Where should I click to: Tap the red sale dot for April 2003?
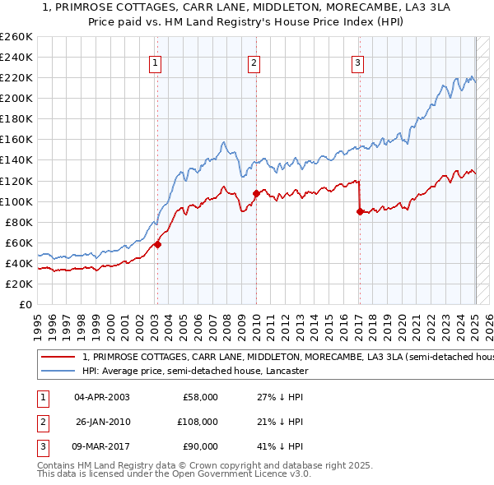tap(157, 244)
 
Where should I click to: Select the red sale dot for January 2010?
tap(256, 193)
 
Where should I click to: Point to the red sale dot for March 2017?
tap(360, 211)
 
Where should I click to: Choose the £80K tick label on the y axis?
tap(19, 222)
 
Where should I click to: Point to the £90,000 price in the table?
tap(200, 446)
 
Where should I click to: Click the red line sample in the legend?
tap(58, 358)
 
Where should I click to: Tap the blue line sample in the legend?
tap(58, 371)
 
